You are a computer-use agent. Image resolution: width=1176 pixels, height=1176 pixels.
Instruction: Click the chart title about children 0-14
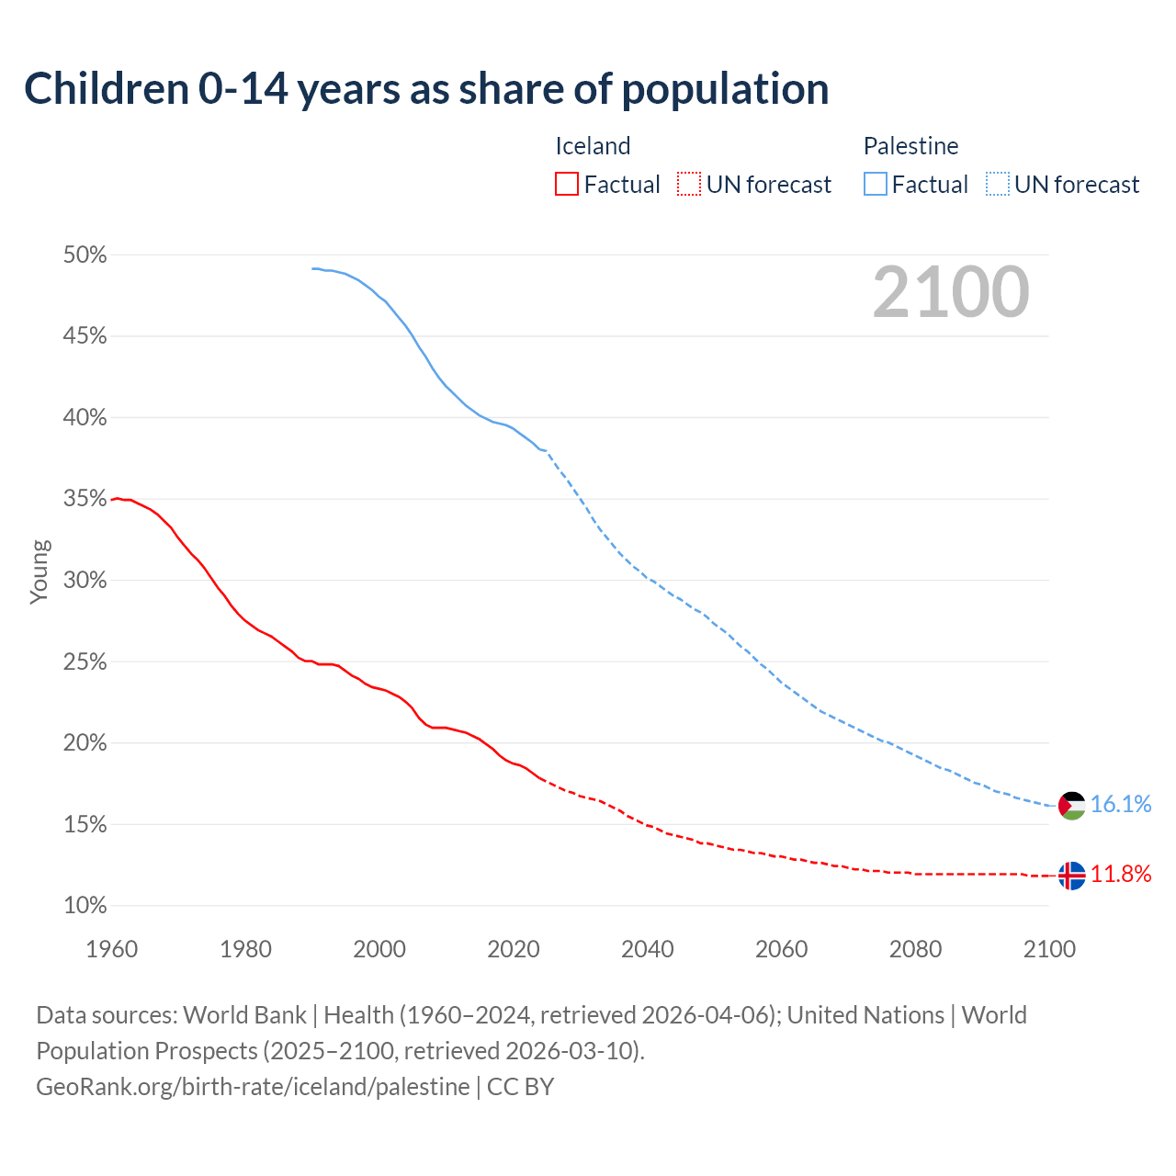pos(426,89)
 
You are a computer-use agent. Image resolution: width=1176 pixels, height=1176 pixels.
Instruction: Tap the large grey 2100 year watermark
pos(951,292)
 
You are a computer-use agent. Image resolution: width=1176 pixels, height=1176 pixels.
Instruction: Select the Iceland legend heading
pos(593,146)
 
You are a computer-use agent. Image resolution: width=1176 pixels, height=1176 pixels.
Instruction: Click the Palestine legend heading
pos(910,146)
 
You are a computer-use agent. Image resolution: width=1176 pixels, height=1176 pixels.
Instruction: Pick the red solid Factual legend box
pos(567,185)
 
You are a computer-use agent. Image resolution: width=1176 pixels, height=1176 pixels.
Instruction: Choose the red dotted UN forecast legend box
pos(689,185)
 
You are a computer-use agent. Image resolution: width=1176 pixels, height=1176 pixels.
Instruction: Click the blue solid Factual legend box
pos(876,185)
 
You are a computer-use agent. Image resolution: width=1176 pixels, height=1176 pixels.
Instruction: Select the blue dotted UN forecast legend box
pos(998,185)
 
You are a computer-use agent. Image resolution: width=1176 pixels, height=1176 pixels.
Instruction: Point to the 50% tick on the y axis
pos(85,255)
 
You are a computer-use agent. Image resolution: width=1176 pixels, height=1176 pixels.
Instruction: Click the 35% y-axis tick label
pos(85,499)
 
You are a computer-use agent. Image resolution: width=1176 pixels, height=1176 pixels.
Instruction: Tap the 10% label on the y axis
pos(85,906)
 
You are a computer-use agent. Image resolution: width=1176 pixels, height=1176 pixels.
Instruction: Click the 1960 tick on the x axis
pos(112,949)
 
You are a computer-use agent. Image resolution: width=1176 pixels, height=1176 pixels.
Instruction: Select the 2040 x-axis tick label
pos(648,949)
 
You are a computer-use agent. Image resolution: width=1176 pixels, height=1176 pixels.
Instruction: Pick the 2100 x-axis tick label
pos(1049,949)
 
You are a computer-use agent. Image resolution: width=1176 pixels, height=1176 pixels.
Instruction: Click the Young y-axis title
pos(40,571)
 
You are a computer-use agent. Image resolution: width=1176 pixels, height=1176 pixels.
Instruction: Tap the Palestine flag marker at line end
pos(1072,806)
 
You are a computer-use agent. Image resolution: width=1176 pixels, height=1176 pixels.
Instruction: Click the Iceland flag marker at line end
pos(1072,876)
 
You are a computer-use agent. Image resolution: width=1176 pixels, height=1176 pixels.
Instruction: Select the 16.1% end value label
pos(1121,805)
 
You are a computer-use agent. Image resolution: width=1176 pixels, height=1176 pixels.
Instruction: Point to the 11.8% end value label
pos(1121,875)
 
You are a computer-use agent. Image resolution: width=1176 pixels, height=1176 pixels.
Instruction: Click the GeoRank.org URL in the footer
pos(253,1087)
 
